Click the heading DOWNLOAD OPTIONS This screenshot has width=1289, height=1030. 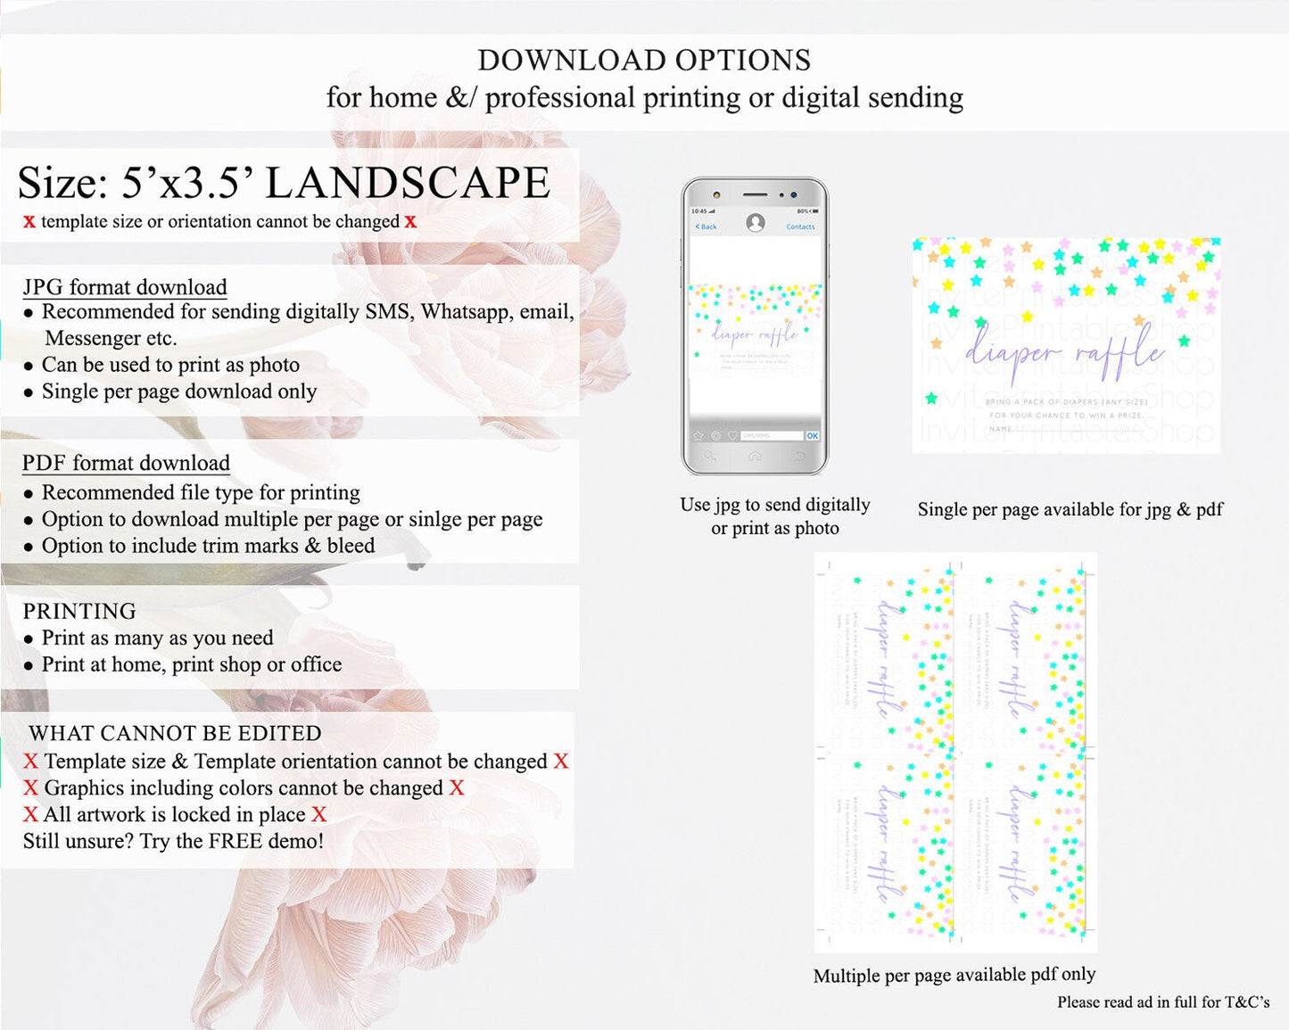click(644, 61)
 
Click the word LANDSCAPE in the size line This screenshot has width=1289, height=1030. click(408, 183)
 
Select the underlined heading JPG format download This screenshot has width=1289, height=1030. click(125, 287)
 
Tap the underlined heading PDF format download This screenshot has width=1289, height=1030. click(126, 463)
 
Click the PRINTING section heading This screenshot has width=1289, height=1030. click(79, 611)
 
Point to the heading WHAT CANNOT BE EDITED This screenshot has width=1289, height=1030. click(175, 733)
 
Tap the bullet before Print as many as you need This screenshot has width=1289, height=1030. click(29, 639)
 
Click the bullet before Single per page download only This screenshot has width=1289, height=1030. click(29, 392)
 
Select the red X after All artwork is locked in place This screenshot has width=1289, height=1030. click(318, 814)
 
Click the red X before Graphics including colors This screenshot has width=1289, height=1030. click(30, 787)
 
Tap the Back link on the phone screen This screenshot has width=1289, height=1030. click(706, 227)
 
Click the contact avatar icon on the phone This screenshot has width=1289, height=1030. click(755, 223)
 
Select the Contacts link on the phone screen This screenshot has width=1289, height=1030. click(800, 227)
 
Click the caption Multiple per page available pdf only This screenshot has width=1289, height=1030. click(954, 975)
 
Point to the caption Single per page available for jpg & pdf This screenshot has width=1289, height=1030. click(1070, 509)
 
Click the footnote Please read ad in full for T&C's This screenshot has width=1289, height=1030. click(1162, 1001)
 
